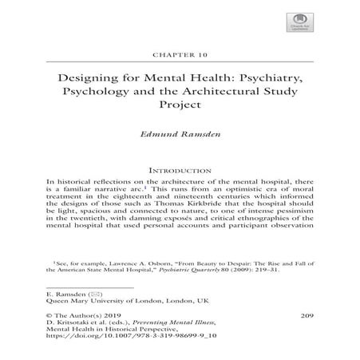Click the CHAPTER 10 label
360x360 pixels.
point(180,56)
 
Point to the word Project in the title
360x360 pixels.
point(180,112)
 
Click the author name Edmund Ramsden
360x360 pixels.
point(180,137)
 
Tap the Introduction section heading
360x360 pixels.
point(180,170)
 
